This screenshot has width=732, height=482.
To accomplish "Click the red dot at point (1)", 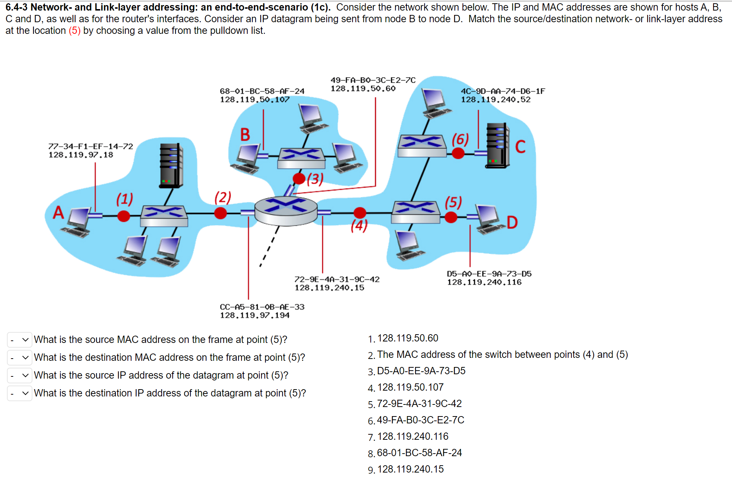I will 124,216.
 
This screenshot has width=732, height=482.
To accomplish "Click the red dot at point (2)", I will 220,213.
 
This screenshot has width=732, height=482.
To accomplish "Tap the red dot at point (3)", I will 299,178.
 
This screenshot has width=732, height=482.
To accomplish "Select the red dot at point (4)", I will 360,213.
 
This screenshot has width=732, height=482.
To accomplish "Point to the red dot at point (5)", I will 451,217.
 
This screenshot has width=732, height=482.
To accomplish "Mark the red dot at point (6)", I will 458,153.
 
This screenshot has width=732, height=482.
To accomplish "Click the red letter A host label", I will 58,213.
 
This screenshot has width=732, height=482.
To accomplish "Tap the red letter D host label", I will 512,222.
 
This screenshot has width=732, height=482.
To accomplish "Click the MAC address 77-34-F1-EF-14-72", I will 91,146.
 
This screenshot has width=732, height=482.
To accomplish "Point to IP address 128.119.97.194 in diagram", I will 255,315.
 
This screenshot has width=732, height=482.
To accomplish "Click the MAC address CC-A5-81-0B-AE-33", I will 262,307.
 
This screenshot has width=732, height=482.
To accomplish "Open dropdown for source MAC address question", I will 20,340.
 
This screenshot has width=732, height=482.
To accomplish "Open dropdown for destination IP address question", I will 20,393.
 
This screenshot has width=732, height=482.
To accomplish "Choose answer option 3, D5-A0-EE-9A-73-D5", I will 421,371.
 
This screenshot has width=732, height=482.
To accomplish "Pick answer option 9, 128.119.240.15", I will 410,469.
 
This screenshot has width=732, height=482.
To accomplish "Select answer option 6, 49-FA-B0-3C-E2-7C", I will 420,420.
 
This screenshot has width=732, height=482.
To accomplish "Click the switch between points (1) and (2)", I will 164,216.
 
